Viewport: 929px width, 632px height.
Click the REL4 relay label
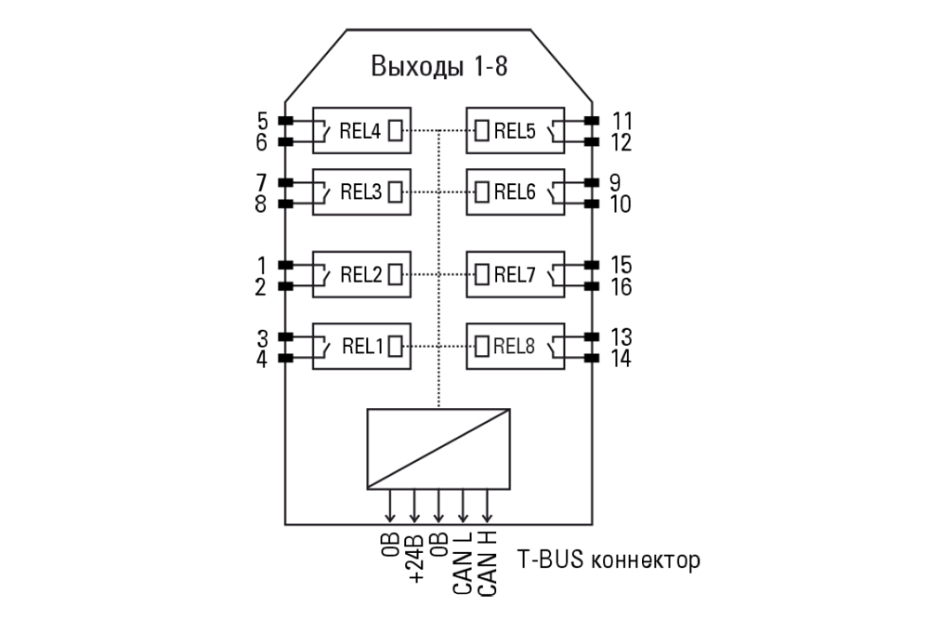point(360,131)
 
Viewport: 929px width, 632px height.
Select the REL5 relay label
point(515,131)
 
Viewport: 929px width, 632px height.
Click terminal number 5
point(262,121)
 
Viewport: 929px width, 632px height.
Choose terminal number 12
point(622,143)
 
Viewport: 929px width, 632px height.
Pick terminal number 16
point(622,287)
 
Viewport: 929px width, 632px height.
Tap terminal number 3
point(262,336)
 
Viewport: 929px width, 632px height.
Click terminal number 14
point(622,359)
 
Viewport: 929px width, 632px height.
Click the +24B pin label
point(415,558)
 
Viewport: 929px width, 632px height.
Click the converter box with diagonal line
point(438,448)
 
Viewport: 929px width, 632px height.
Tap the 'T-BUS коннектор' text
point(608,560)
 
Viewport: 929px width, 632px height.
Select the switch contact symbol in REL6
point(555,192)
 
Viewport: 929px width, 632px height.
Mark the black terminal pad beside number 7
point(286,182)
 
